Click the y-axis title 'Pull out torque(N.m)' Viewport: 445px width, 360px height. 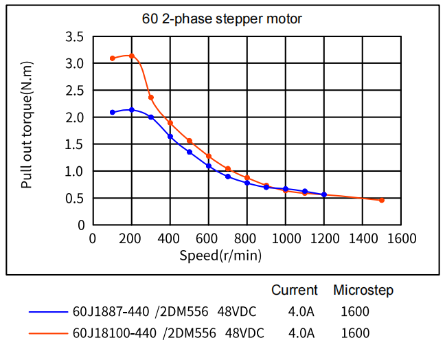(27, 125)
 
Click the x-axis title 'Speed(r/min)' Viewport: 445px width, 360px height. (220, 256)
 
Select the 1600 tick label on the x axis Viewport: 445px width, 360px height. (402, 238)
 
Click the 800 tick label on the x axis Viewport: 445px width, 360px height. (247, 238)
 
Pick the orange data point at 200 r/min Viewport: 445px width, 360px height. (132, 56)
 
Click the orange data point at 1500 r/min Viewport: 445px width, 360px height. (382, 200)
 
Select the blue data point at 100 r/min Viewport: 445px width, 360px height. (113, 112)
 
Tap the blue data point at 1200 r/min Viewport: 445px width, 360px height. (324, 194)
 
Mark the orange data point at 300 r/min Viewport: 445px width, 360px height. (151, 98)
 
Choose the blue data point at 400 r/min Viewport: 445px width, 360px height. (170, 136)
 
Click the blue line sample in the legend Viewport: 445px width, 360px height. (48, 312)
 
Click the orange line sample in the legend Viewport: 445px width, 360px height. (48, 334)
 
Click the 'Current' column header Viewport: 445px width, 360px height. (295, 290)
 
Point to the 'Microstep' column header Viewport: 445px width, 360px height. (363, 290)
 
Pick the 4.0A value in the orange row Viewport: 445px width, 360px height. (301, 334)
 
